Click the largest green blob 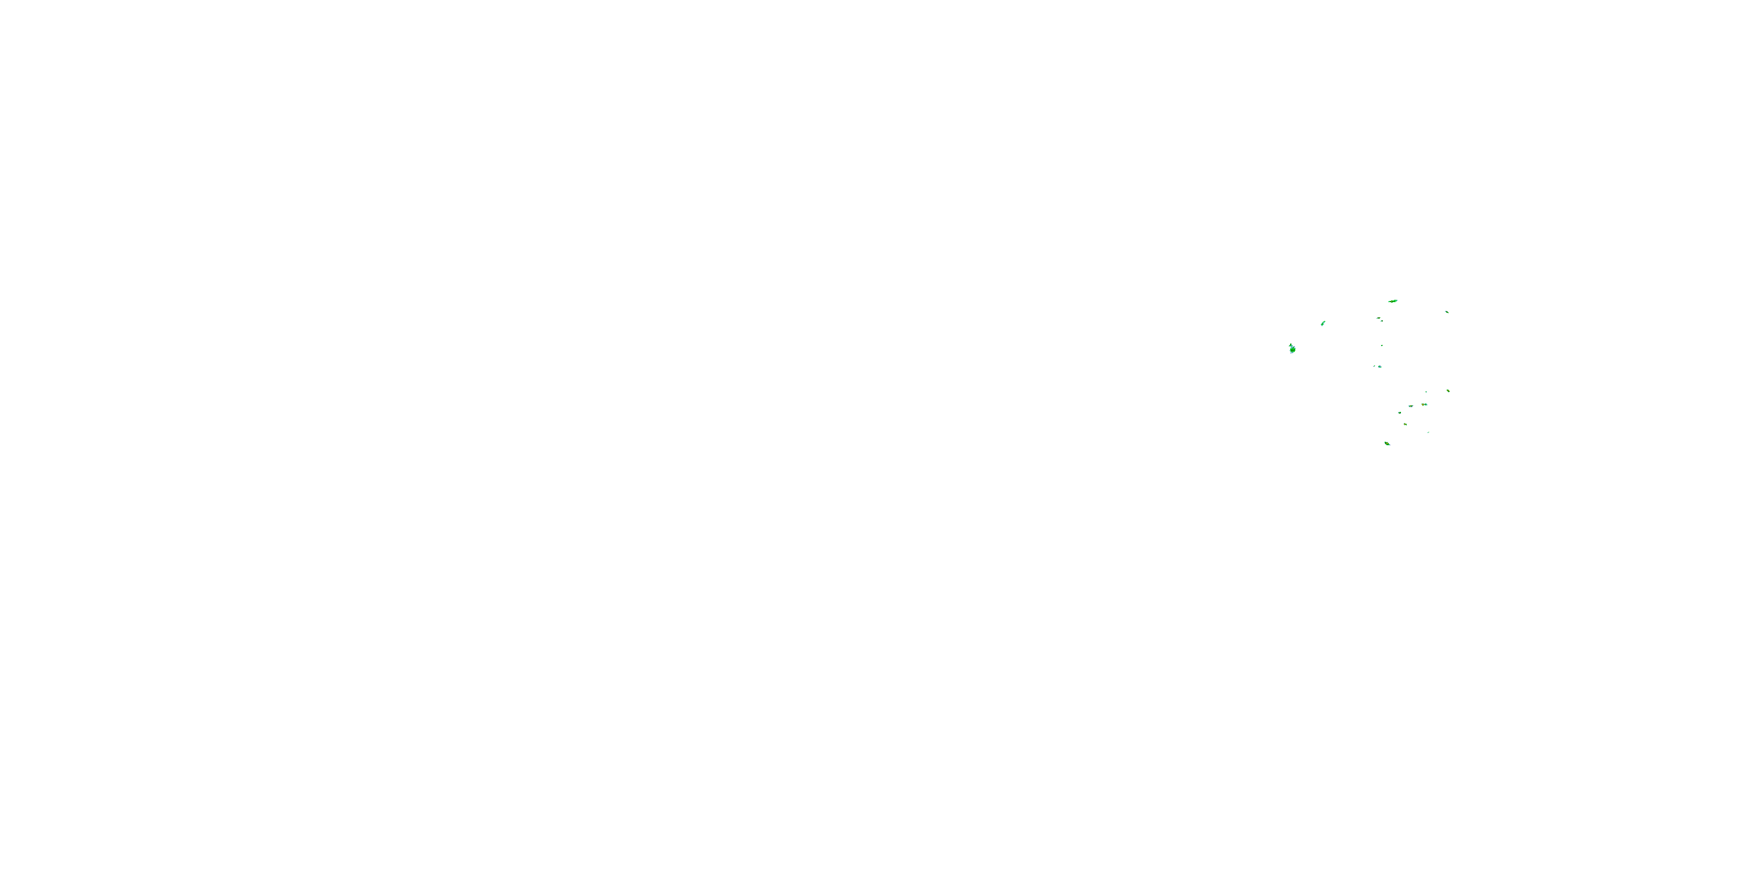point(1292,349)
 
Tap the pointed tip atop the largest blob point(1290,344)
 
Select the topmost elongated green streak point(1393,300)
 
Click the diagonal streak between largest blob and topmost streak point(1324,323)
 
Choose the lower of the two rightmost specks point(1448,391)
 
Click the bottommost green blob point(1387,444)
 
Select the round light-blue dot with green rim point(1379,367)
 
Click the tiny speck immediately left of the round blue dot point(1375,366)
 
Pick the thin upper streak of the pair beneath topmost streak point(1379,318)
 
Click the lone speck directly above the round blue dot point(1382,346)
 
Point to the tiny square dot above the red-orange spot point(1426,392)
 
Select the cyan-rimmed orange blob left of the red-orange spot point(1410,406)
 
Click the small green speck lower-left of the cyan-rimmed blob point(1399,412)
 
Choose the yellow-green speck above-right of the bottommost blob point(1406,424)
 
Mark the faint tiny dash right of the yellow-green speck point(1428,432)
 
